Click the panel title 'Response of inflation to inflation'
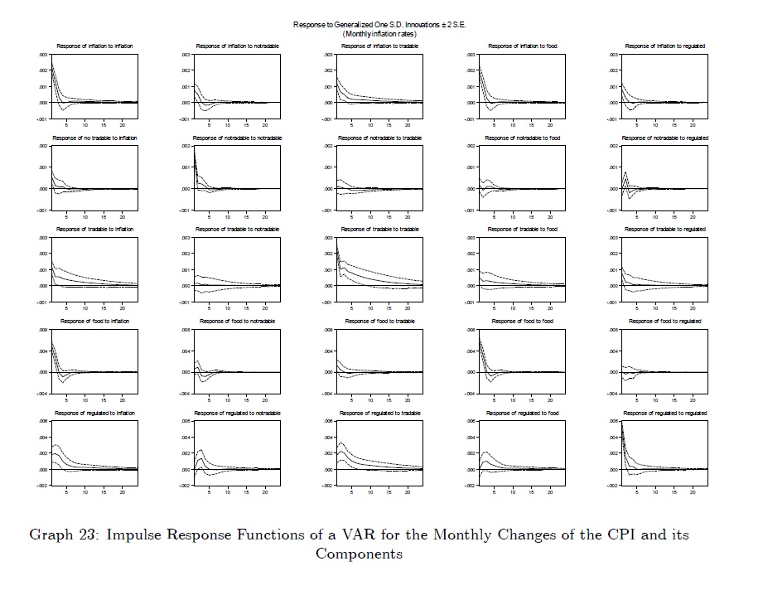pos(94,46)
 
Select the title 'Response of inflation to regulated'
pos(665,46)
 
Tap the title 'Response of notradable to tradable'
pos(379,138)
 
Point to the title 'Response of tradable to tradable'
pos(379,230)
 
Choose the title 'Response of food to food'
pos(522,322)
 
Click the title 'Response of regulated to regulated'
pos(665,413)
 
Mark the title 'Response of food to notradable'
pos(237,322)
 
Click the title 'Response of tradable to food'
pos(522,230)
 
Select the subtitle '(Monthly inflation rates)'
pos(379,33)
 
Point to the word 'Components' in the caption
pos(359,554)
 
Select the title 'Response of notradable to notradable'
pos(237,138)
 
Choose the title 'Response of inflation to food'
pos(522,46)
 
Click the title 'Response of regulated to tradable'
pos(379,413)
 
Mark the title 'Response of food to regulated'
pos(665,322)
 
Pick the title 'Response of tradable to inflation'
pos(94,230)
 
